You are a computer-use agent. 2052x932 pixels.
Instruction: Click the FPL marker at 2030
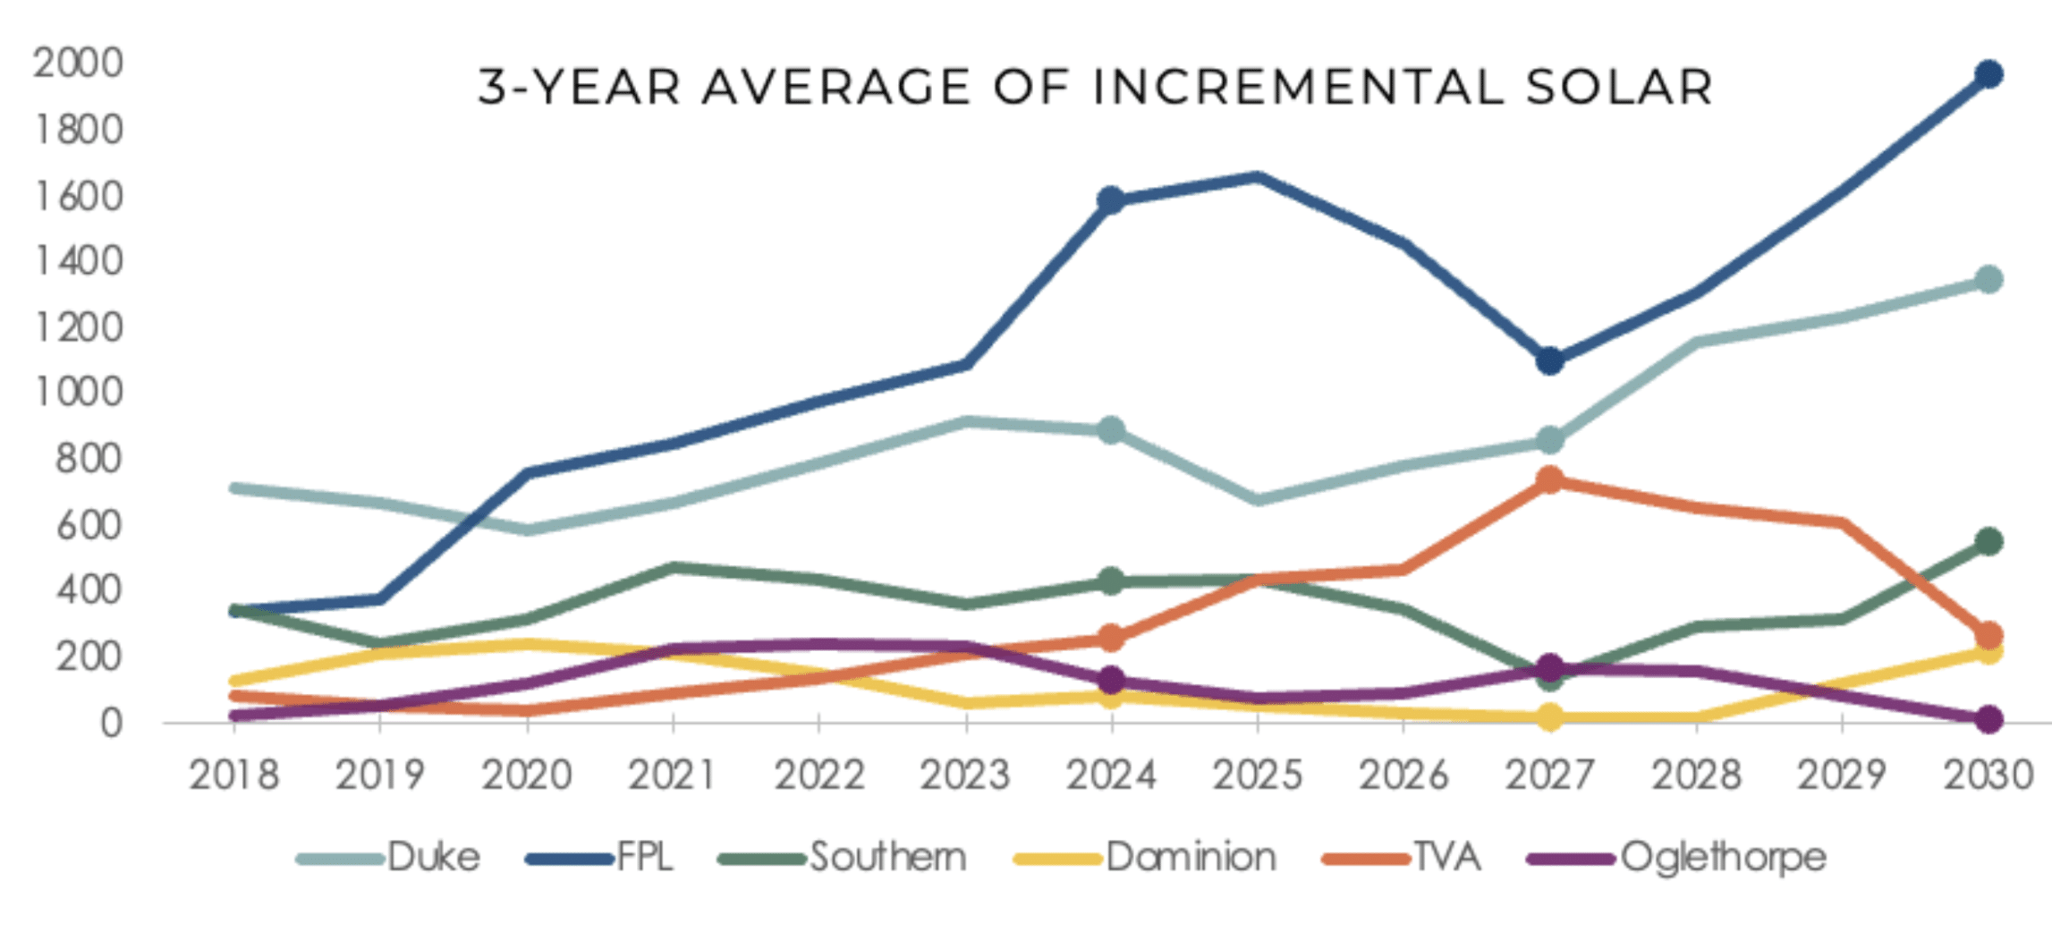1988,74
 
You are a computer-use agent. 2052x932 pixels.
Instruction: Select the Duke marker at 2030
1988,280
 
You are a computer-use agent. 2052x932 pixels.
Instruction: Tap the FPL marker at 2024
1111,200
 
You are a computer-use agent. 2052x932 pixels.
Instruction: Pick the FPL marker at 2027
1550,361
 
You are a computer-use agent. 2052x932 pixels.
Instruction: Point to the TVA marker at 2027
1550,480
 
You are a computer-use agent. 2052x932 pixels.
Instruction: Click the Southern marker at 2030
1988,541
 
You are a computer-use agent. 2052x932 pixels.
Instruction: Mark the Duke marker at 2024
1111,430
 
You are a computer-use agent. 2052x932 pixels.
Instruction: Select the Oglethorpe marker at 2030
1988,719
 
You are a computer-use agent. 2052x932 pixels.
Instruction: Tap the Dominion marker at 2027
1550,717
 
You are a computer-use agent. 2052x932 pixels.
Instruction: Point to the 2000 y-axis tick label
78,64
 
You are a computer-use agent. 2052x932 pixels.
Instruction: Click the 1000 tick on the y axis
78,393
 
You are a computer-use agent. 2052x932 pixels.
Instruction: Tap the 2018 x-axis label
233,775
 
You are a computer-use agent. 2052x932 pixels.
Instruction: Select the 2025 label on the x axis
1258,775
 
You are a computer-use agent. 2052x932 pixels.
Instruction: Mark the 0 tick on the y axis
111,723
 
